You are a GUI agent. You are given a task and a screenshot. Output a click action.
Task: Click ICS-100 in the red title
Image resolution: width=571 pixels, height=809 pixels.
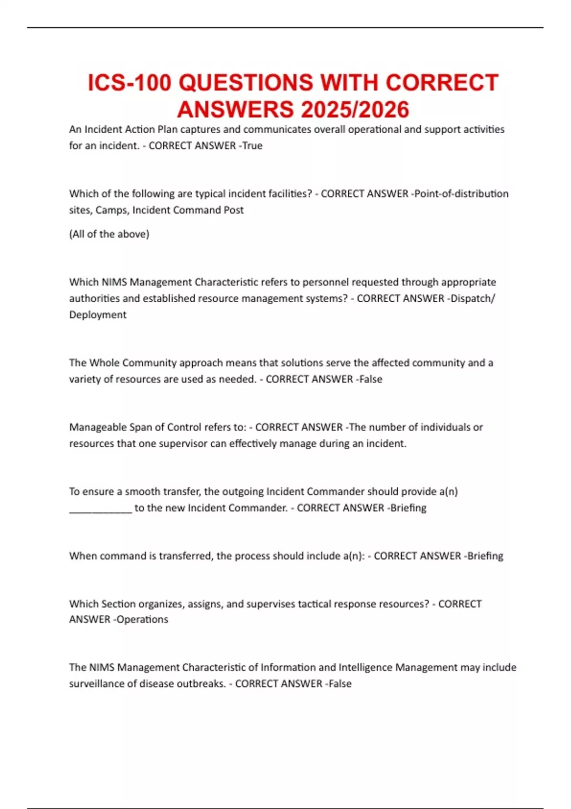pyautogui.click(x=129, y=83)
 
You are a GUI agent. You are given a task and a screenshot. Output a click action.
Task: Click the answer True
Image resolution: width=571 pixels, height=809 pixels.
pyautogui.click(x=252, y=146)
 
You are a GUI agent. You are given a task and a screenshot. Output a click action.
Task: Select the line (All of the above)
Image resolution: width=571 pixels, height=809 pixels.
pyautogui.click(x=109, y=234)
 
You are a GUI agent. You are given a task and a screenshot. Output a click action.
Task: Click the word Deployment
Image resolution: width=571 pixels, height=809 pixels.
pyautogui.click(x=98, y=315)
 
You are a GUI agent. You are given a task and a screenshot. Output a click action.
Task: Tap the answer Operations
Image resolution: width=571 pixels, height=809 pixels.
pyautogui.click(x=142, y=619)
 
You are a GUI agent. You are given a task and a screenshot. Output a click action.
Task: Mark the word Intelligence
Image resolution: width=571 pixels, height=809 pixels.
pyautogui.click(x=365, y=667)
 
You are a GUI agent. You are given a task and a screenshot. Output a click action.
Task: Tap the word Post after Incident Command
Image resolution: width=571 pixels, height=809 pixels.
pyautogui.click(x=234, y=210)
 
